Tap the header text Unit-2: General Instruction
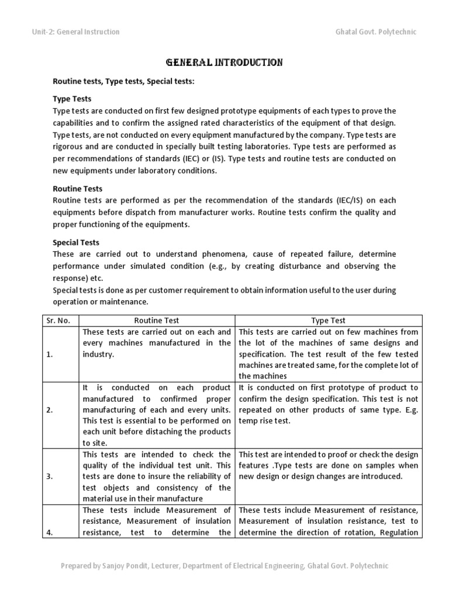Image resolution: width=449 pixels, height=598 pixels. click(x=75, y=32)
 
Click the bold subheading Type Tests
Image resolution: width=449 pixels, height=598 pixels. click(x=72, y=99)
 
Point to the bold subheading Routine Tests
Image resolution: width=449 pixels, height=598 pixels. click(x=77, y=189)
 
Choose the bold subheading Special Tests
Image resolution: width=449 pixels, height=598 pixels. click(x=76, y=242)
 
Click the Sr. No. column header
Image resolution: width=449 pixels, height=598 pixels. click(x=58, y=320)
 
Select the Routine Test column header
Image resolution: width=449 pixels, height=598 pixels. click(x=157, y=320)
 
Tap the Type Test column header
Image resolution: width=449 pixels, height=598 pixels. click(x=329, y=320)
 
